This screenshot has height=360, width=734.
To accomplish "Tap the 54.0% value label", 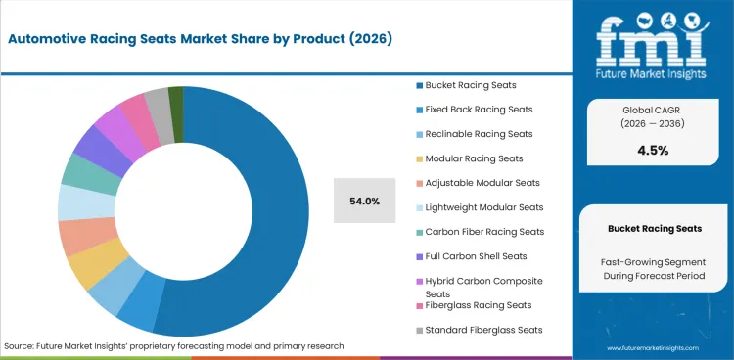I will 365,202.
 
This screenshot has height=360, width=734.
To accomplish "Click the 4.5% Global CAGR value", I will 654,150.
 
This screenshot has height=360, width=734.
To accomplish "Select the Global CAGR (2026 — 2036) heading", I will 654,116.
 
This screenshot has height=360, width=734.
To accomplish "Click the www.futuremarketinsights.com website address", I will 653,347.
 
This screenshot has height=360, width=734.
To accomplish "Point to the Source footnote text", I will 174,346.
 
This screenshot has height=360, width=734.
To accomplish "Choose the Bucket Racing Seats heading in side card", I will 654,228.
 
